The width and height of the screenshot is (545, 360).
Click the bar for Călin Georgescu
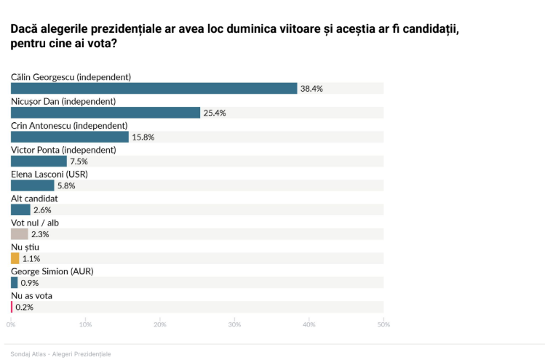tap(154, 88)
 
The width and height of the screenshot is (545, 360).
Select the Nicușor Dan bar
tap(106, 113)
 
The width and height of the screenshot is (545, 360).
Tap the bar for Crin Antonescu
tap(70, 137)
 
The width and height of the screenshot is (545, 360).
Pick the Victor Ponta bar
tap(39, 161)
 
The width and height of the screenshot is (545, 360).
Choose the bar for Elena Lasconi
tap(32, 185)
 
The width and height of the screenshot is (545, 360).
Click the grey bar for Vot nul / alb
tap(20, 234)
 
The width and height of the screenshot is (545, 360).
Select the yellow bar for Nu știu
tap(15, 258)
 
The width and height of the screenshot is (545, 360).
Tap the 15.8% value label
tap(143, 137)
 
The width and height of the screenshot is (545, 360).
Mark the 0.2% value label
tap(24, 307)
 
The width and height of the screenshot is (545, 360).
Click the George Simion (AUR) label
tap(52, 271)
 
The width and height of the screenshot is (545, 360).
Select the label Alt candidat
tap(34, 198)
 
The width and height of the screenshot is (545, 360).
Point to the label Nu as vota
tap(31, 295)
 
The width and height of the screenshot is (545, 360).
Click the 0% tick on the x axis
tap(10, 324)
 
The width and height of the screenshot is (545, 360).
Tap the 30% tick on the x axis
tap(234, 324)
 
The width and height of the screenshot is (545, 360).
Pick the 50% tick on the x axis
tap(383, 324)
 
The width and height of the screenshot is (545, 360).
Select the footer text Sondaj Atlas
tap(28, 353)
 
